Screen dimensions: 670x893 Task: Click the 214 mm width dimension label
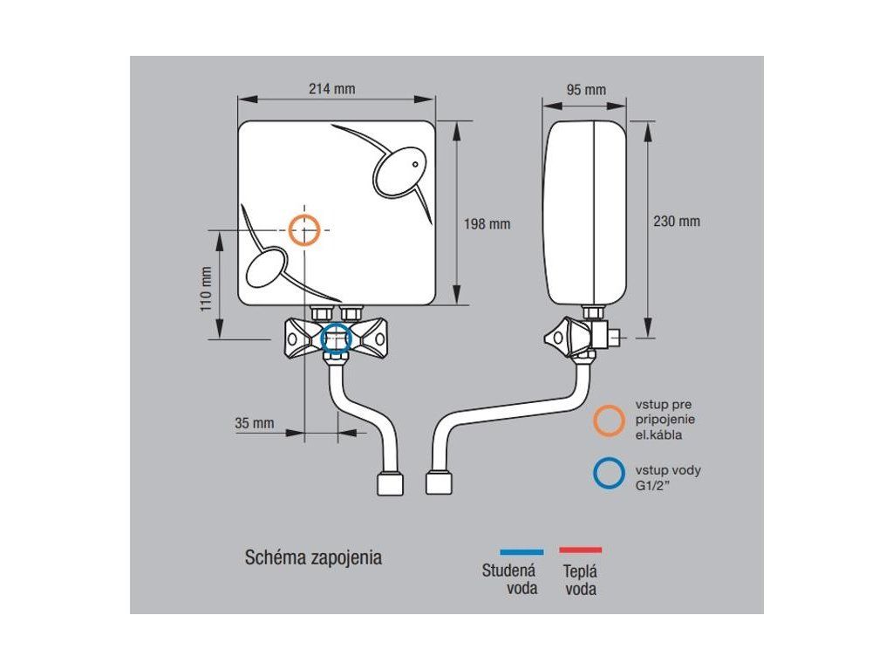point(331,89)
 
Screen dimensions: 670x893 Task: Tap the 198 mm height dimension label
point(487,224)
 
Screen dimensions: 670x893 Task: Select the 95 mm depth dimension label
point(586,90)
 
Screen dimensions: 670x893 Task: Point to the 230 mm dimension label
point(677,222)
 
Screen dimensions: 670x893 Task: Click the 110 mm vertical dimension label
point(207,289)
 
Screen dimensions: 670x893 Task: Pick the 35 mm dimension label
point(255,423)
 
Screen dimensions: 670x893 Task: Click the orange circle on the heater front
point(304,229)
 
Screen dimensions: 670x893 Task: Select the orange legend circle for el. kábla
point(608,420)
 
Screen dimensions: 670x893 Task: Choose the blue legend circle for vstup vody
point(608,475)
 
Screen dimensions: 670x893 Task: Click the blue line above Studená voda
point(521,551)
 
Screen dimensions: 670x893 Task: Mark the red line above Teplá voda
point(580,550)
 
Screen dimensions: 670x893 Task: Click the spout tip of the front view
point(389,484)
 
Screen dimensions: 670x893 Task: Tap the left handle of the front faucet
point(293,335)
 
